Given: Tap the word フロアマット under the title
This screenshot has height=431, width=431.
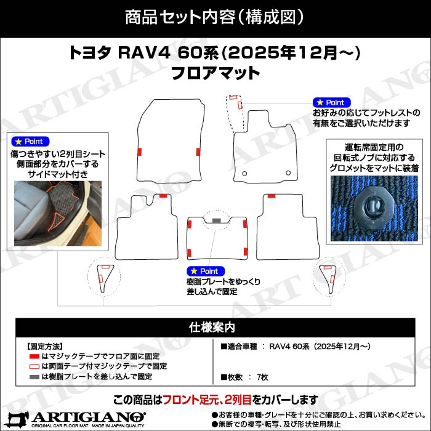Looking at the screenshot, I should click(215, 73).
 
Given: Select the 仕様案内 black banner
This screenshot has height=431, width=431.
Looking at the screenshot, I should click(215, 326).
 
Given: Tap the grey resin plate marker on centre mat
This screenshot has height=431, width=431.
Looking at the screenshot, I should click(216, 220).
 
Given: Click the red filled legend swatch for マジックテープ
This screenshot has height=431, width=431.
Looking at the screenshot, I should click(34, 356).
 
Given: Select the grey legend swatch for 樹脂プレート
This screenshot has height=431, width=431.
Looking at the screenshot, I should click(34, 376).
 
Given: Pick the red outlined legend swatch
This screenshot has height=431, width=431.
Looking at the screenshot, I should click(34, 366).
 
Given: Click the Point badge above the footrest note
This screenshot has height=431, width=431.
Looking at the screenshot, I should click(332, 102).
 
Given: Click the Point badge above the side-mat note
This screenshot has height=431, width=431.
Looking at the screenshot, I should click(30, 142).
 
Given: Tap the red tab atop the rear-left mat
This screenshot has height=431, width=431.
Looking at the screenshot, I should click(163, 195).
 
